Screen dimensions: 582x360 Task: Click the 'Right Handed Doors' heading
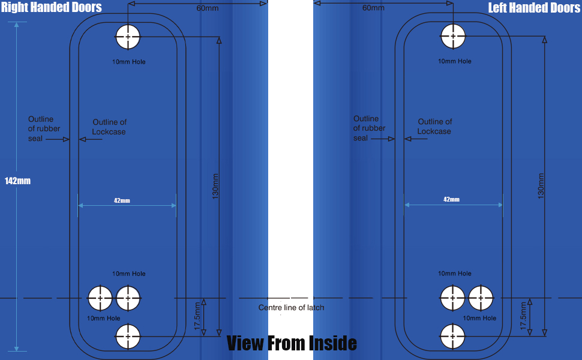[51, 8]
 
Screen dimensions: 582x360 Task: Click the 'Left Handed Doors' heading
[534, 8]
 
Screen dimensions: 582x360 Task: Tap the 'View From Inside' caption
[292, 343]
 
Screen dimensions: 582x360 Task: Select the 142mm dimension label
[17, 181]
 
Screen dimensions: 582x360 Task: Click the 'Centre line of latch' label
[291, 308]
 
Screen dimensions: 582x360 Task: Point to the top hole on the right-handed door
[128, 37]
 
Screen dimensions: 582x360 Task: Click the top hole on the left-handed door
[453, 37]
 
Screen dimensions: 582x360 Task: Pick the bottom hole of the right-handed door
[128, 336]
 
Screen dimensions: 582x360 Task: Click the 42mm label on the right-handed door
[122, 200]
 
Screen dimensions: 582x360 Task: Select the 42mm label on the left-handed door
[451, 199]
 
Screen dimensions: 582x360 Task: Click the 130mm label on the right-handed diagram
[216, 186]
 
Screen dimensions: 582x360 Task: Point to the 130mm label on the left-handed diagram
[541, 186]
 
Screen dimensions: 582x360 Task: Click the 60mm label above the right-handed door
[207, 8]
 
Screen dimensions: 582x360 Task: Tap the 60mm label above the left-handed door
[373, 8]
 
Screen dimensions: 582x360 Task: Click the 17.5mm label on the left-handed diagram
[523, 316]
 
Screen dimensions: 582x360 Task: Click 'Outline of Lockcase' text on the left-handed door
[434, 127]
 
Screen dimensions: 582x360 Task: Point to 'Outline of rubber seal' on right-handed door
[44, 128]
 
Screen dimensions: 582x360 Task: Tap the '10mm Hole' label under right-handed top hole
[129, 62]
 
